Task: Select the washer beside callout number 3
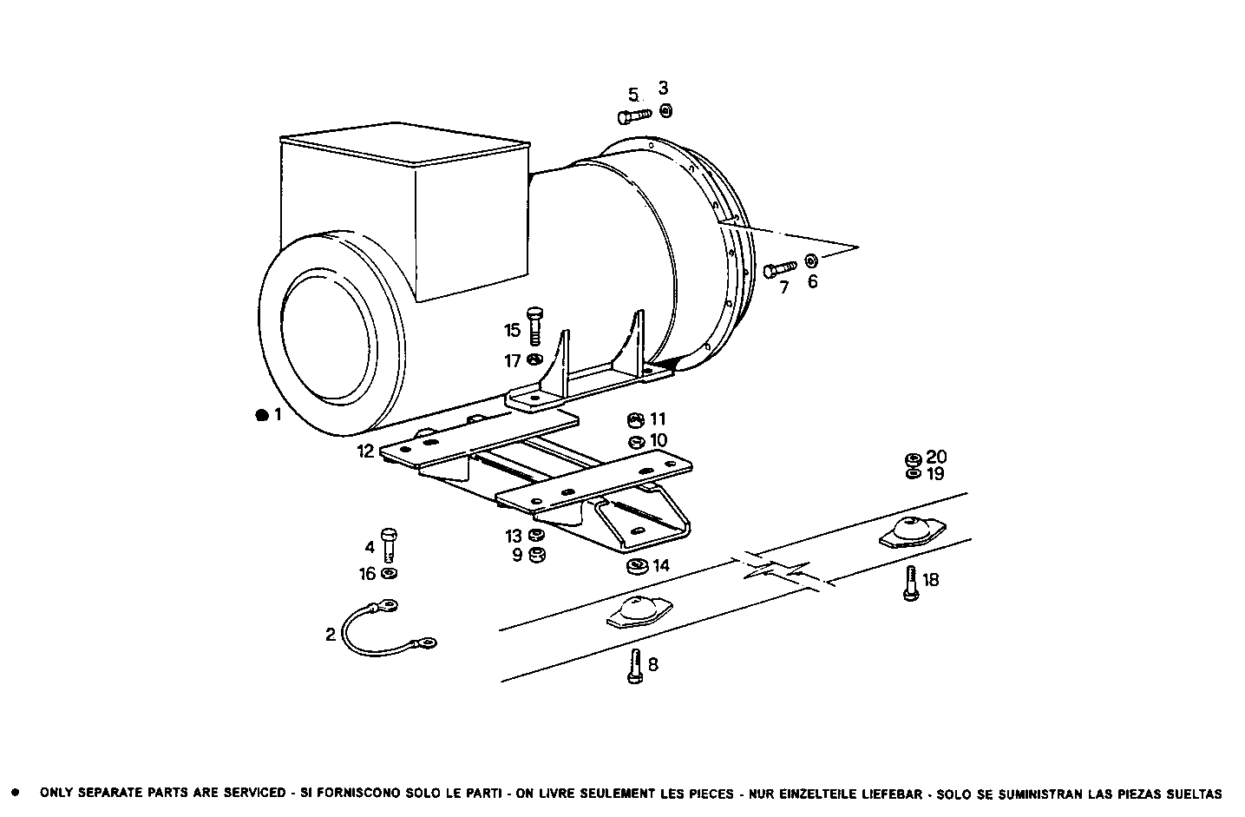click(665, 110)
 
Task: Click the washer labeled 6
click(811, 260)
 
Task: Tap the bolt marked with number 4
click(390, 545)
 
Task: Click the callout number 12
click(365, 451)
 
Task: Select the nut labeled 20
click(913, 458)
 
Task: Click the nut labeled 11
click(634, 420)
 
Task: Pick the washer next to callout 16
click(389, 574)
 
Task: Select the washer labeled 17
click(534, 359)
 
